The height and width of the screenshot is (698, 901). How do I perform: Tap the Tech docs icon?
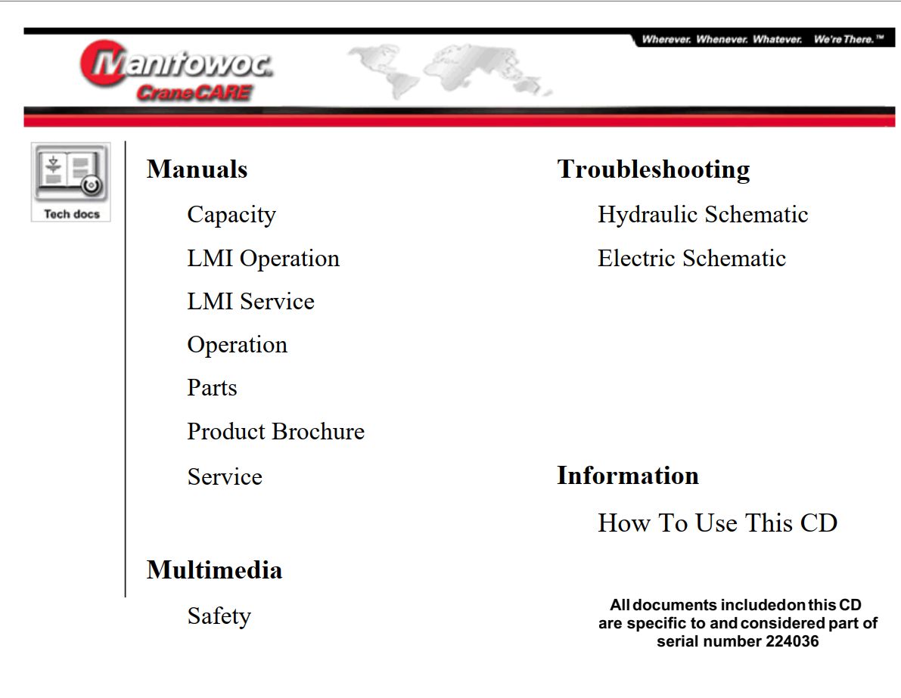[x=71, y=182]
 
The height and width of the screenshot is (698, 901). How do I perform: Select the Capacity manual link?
[x=231, y=215]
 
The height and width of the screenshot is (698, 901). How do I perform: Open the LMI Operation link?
[x=263, y=259]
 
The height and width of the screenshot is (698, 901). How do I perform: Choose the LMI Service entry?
[x=250, y=302]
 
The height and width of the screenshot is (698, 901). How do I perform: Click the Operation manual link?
[x=237, y=345]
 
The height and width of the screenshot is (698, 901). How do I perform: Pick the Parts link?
[x=212, y=388]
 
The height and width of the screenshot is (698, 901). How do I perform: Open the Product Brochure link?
[x=275, y=432]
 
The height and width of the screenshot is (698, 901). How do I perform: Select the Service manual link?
[x=225, y=477]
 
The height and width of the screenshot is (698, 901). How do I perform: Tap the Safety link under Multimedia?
[x=219, y=616]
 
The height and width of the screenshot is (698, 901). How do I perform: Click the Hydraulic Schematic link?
[x=703, y=215]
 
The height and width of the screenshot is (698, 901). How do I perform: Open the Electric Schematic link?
[x=691, y=259]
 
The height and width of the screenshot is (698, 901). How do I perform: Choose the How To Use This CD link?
[x=717, y=523]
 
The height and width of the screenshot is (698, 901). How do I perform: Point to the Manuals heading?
[x=197, y=169]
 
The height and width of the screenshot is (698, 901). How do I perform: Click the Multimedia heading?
[x=214, y=569]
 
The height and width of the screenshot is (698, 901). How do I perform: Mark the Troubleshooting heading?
[x=654, y=169]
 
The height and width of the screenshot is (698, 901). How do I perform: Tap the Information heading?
[x=628, y=476]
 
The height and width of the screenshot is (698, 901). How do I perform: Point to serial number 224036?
[x=791, y=642]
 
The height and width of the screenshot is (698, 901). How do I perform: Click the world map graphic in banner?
[x=450, y=70]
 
